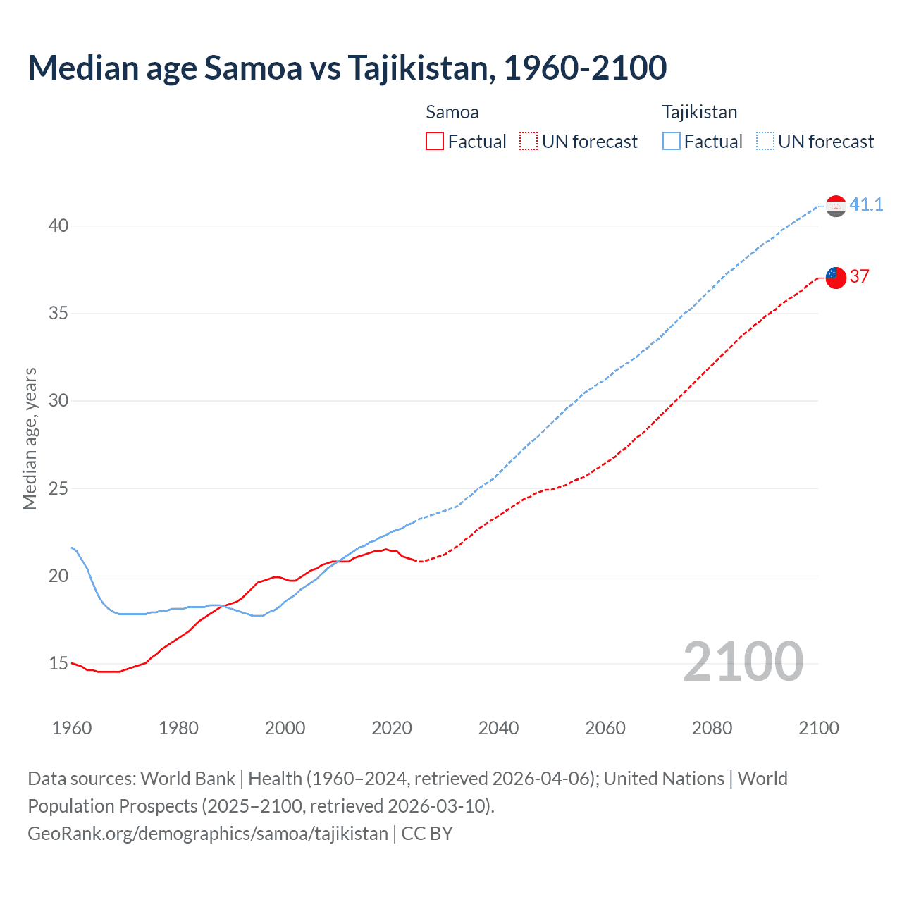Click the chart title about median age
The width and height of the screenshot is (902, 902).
pos(347,68)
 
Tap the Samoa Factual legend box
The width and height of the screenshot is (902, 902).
pos(435,142)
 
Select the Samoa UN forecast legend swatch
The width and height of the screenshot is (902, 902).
pos(529,142)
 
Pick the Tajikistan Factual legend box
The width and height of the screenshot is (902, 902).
pos(671,142)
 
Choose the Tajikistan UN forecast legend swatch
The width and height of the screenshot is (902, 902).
pos(765,142)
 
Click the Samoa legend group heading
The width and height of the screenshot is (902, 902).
pos(452,112)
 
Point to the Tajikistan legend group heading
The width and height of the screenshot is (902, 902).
pos(699,112)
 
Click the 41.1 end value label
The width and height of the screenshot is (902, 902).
pos(866,205)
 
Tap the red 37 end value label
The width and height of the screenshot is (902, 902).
pos(859,276)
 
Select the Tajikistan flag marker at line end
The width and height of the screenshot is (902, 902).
pos(836,206)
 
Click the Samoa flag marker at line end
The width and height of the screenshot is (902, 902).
pos(836,277)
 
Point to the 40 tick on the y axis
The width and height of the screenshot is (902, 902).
pos(58,225)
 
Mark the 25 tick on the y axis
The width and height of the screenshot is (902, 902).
pos(58,488)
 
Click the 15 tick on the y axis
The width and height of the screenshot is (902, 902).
pos(58,663)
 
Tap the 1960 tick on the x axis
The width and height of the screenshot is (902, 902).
pos(72,728)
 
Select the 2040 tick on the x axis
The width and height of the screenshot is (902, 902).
pos(498,728)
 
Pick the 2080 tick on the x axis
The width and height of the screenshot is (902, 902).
pos(712,728)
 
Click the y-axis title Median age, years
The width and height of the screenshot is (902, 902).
pos(30,438)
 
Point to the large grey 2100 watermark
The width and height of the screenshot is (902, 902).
pos(743,661)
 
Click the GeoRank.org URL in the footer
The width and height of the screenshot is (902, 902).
pos(208,834)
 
